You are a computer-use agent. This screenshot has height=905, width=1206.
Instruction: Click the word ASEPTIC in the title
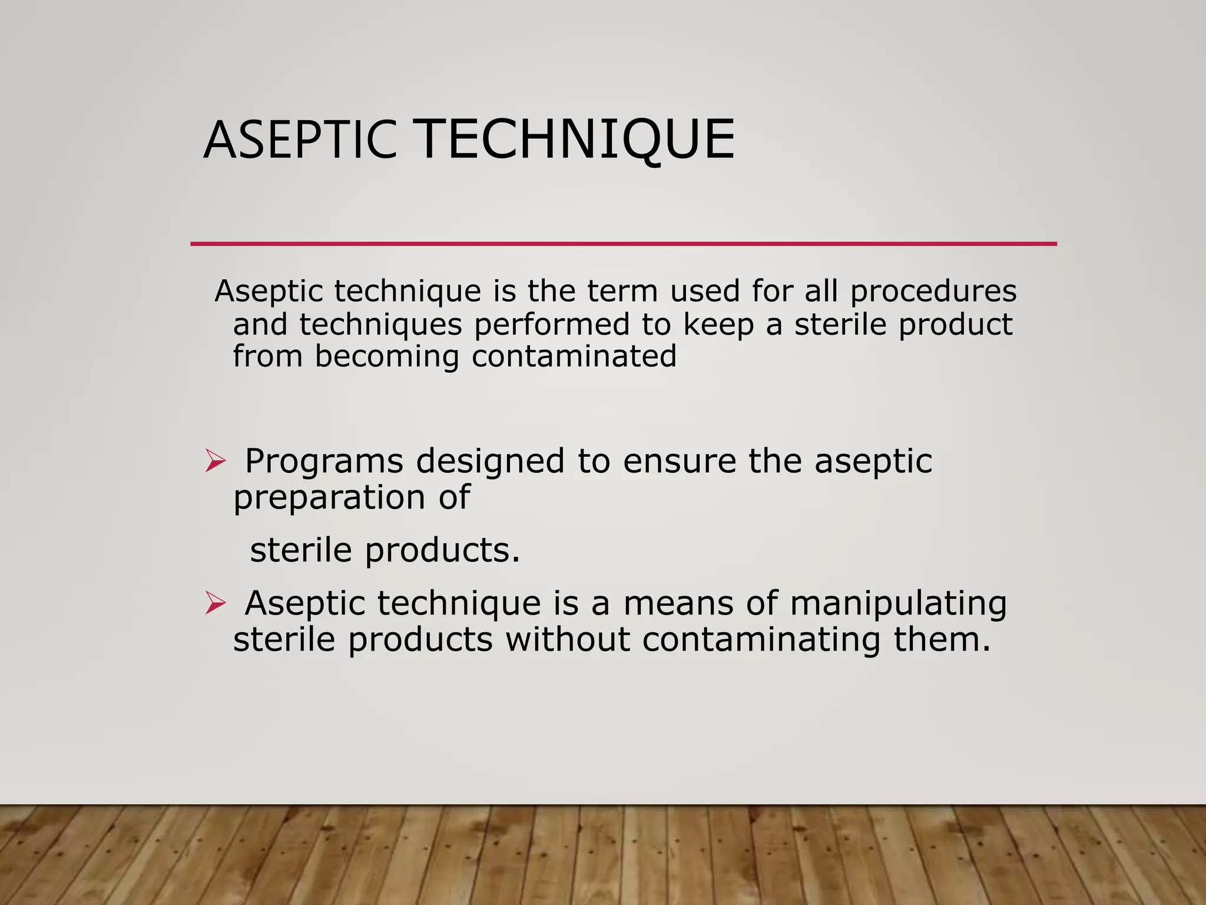pyautogui.click(x=299, y=140)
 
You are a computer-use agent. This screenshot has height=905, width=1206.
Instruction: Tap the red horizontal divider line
pyautogui.click(x=623, y=243)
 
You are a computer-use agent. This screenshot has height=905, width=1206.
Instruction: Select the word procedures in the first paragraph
pyautogui.click(x=933, y=292)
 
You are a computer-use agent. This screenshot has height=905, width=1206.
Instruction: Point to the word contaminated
pyautogui.click(x=574, y=356)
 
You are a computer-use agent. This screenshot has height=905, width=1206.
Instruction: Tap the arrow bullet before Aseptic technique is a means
pyautogui.click(x=216, y=603)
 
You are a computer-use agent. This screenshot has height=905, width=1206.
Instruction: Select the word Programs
pyautogui.click(x=324, y=462)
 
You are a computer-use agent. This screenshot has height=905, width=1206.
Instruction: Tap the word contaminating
pyautogui.click(x=761, y=640)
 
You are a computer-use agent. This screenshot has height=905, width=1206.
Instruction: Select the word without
pyautogui.click(x=567, y=640)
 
